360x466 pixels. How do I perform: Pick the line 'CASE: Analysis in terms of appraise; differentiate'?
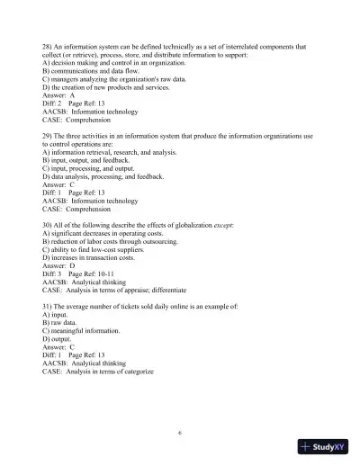pyautogui.click(x=114, y=291)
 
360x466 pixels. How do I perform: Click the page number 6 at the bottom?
pyautogui.click(x=180, y=432)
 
